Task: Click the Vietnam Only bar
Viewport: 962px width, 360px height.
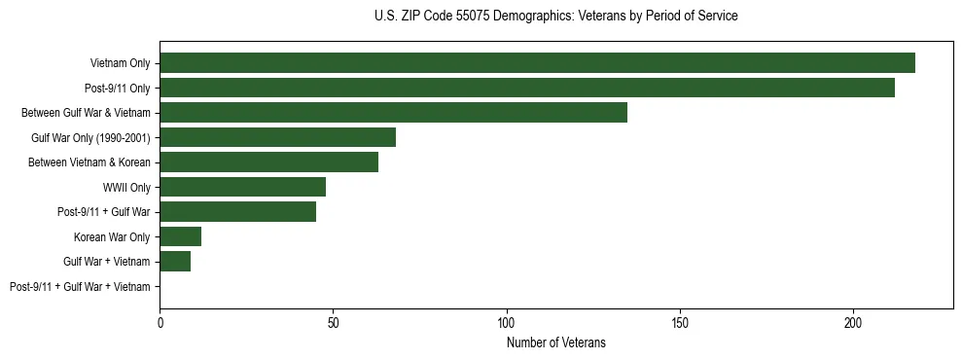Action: coord(537,63)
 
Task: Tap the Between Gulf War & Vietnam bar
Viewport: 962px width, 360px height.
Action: coord(393,113)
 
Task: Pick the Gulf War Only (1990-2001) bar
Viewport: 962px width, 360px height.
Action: coord(277,137)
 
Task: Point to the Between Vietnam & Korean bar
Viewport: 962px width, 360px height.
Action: coord(268,162)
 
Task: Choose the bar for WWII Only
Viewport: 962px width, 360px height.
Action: coord(242,187)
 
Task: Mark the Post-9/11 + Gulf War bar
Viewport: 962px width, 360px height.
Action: coord(237,212)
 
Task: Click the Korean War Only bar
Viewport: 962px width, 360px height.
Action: coord(180,236)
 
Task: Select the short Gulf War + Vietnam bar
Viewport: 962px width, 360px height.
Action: coord(175,262)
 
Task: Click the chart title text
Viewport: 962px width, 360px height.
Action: coord(555,17)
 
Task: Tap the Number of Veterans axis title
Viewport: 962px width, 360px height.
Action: coord(555,342)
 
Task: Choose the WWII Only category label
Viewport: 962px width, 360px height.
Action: coord(126,187)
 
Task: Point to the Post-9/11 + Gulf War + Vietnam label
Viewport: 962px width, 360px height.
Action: coord(80,287)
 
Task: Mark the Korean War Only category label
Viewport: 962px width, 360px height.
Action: coord(112,236)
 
